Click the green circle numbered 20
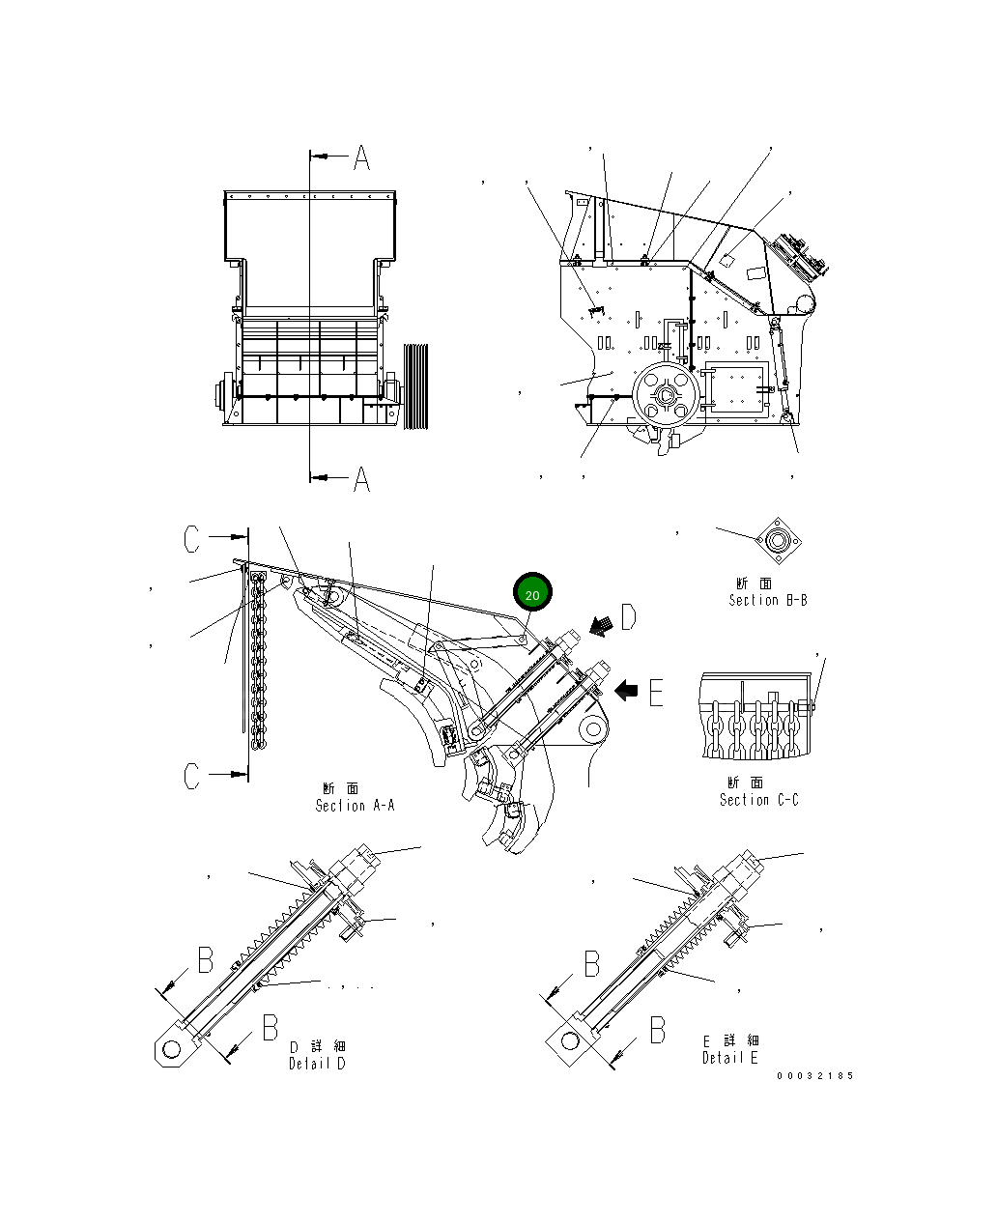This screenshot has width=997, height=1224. coord(532,593)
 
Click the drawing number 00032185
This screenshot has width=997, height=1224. coord(814,1075)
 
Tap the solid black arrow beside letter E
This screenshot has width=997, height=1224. coord(627,690)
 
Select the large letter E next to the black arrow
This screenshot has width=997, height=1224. coord(656,692)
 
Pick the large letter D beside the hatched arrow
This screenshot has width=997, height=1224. coord(629,616)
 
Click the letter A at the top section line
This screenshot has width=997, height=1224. coord(361,157)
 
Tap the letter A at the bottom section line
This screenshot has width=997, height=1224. coord(361,478)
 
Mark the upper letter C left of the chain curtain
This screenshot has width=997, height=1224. coord(192,539)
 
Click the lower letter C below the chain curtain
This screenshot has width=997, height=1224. coord(192,776)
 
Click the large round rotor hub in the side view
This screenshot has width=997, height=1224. coord(666,396)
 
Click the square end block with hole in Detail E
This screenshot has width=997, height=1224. coord(571,1041)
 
